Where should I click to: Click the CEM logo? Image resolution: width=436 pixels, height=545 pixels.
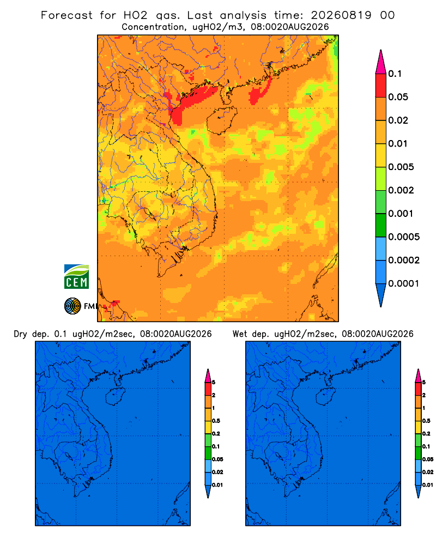pos(76,276)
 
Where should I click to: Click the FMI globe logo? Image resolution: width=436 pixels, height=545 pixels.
pos(72,306)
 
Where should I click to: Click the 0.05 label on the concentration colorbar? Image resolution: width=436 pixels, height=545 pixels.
pos(398,97)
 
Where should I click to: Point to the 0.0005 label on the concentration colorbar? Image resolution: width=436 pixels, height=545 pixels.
pos(404,237)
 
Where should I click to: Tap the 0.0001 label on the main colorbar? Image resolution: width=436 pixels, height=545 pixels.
pos(404,283)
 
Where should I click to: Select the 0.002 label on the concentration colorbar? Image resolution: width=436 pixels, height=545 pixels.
pos(401,190)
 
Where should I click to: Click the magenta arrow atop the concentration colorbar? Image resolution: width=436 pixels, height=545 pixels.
pos(381,62)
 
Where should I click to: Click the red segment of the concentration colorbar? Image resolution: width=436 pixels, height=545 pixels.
pos(381,86)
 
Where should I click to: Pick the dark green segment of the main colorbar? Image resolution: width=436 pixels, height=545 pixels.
pos(381,225)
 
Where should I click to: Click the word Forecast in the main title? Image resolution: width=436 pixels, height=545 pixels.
pos(66,15)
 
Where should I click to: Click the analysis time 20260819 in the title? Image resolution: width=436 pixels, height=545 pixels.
pos(341,15)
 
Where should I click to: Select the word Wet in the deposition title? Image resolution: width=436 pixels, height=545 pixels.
pos(240,334)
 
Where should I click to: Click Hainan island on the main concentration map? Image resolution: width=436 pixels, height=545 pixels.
pos(221,120)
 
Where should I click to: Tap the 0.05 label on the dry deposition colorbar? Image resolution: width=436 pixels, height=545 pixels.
pos(217,459)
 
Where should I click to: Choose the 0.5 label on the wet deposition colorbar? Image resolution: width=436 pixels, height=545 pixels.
pos(426,421)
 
